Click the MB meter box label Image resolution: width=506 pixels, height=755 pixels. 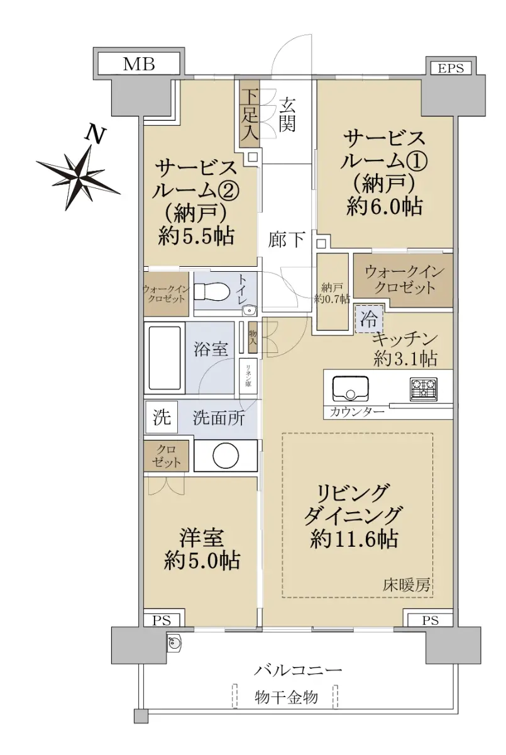139,64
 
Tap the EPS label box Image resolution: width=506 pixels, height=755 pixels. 451,69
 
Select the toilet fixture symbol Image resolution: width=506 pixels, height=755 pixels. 212,291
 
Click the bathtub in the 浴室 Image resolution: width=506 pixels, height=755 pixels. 165,357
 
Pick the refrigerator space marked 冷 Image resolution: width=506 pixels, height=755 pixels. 369,318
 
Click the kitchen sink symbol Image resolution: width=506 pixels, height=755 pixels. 350,388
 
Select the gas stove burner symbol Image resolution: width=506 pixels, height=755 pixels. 424,389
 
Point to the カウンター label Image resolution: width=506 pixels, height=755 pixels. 357,412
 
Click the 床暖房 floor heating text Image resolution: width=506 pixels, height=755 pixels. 406,586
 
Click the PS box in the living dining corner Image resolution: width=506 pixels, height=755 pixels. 430,620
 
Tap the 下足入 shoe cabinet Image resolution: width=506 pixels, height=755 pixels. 250,114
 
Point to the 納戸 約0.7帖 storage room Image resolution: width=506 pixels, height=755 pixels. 333,292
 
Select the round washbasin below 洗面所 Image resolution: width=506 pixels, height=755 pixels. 226,456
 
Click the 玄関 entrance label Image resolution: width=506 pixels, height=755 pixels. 287,114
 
